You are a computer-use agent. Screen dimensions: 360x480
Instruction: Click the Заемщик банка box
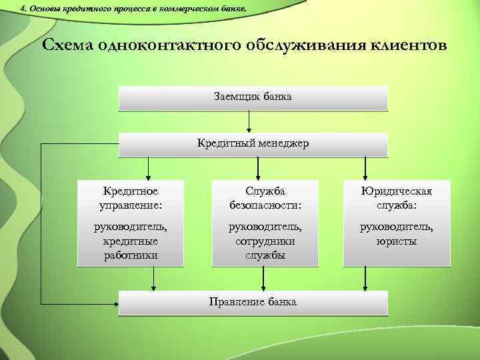point(253,97)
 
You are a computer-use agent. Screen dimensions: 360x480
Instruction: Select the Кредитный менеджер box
point(253,143)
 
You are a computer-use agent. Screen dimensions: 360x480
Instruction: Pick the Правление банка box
point(253,302)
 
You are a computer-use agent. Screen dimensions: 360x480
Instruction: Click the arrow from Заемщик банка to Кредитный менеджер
point(249,121)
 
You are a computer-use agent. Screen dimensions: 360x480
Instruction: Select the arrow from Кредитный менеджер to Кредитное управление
point(148,167)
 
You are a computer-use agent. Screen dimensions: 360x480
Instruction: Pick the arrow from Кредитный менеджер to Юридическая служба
point(365,167)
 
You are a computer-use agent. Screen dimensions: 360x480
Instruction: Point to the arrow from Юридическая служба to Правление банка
point(365,278)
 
